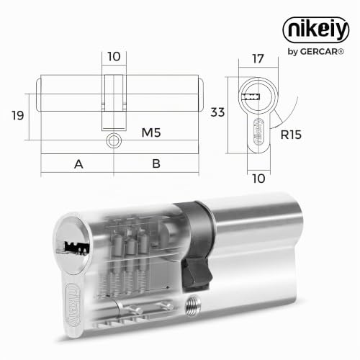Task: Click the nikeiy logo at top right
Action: pyautogui.click(x=316, y=30)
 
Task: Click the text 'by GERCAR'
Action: pyautogui.click(x=316, y=51)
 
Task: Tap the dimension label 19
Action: pyautogui.click(x=18, y=116)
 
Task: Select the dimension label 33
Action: pyautogui.click(x=217, y=112)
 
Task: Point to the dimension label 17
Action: pyautogui.click(x=258, y=59)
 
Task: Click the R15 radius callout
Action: pyautogui.click(x=291, y=135)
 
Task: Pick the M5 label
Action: pyautogui.click(x=151, y=132)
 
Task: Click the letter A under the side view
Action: pyautogui.click(x=78, y=164)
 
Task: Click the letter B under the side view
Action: pyautogui.click(x=156, y=163)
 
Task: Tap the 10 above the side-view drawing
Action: pyautogui.click(x=114, y=57)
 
